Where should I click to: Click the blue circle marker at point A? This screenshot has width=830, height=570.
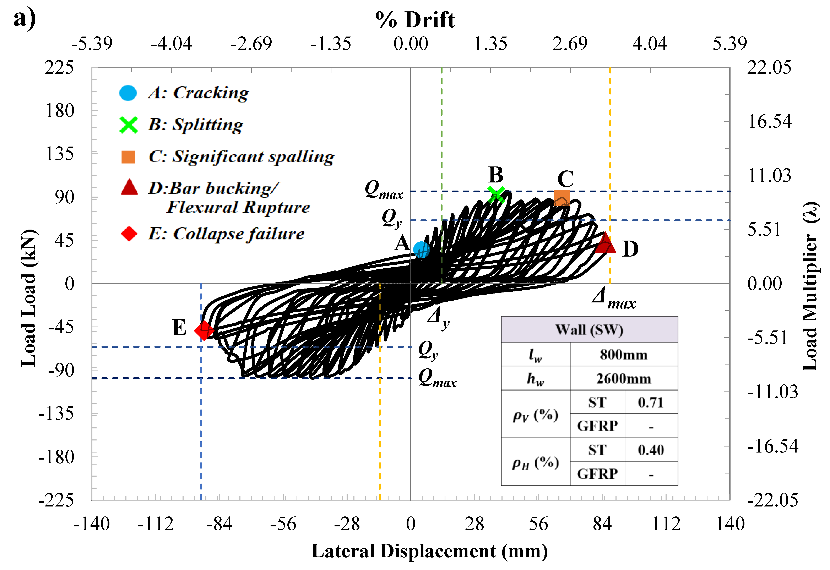pyautogui.click(x=421, y=249)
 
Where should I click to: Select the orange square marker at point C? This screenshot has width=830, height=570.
pyautogui.click(x=562, y=197)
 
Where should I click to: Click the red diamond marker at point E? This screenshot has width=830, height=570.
pyautogui.click(x=204, y=330)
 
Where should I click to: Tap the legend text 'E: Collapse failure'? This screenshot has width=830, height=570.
pyautogui.click(x=226, y=234)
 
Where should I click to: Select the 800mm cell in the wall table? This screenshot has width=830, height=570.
pyautogui.click(x=623, y=355)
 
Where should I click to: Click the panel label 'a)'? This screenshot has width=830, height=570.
pyautogui.click(x=24, y=18)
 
